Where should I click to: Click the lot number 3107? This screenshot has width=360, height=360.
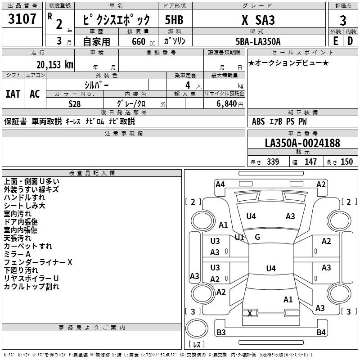point(22,19)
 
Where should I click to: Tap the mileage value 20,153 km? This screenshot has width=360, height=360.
point(52,65)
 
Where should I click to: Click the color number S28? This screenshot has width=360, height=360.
point(75,104)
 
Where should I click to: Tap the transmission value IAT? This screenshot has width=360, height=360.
point(13,94)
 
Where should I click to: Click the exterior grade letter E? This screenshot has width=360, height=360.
point(335,41)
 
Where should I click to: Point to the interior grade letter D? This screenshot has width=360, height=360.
point(350,41)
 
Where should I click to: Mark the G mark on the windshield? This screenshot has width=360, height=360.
point(257,237)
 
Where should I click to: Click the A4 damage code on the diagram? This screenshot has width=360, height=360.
point(220,184)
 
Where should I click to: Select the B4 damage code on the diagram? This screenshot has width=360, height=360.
point(321,333)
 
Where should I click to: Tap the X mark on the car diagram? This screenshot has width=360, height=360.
point(250,313)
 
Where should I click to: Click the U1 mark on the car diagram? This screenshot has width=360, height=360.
point(239,237)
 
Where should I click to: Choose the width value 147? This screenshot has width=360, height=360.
point(310,162)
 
